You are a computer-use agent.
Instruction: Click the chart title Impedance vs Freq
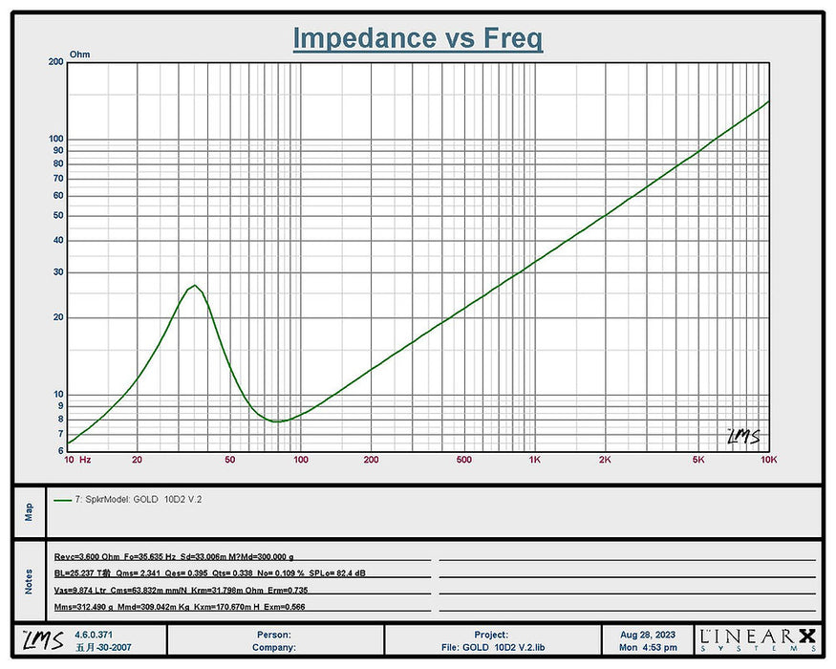click(x=418, y=38)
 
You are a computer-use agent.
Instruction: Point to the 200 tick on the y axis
click(x=55, y=62)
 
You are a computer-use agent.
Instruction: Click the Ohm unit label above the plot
click(x=80, y=55)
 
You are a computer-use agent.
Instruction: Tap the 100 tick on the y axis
click(x=55, y=139)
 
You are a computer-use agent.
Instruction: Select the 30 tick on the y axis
click(x=57, y=272)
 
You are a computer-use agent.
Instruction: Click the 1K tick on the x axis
click(x=535, y=460)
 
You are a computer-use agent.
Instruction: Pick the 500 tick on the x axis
click(x=464, y=460)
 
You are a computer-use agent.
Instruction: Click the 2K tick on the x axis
click(x=605, y=460)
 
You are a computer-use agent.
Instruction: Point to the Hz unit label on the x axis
click(x=85, y=460)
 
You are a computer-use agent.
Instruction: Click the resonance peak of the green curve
click(x=194, y=285)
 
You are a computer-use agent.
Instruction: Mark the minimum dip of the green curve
click(x=275, y=421)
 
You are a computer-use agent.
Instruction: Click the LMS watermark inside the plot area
click(x=743, y=436)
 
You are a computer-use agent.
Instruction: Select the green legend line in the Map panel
click(x=64, y=499)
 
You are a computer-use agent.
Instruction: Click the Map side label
click(x=29, y=512)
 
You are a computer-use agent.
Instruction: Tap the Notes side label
click(x=29, y=579)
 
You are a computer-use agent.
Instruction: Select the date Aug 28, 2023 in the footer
click(x=649, y=634)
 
